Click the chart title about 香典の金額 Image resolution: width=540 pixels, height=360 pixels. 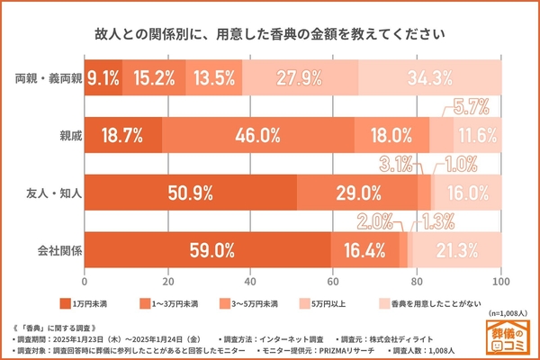click(x=269, y=36)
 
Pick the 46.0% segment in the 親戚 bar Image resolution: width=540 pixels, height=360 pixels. click(x=257, y=135)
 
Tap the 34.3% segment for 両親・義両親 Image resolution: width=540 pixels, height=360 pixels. click(x=428, y=77)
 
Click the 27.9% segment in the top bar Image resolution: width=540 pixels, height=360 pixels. click(x=300, y=77)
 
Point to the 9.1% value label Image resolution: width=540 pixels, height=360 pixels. click(x=103, y=77)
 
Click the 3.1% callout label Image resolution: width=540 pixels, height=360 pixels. click(x=395, y=164)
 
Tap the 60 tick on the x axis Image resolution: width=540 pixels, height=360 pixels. click(x=334, y=280)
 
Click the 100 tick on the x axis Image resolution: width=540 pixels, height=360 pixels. click(x=500, y=280)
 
